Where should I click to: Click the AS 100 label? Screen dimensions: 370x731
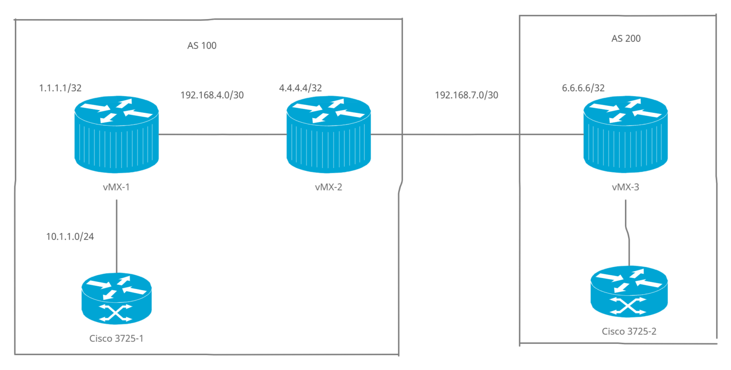pyautogui.click(x=202, y=46)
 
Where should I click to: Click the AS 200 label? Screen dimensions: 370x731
pyautogui.click(x=626, y=39)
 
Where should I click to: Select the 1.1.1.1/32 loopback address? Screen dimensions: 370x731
pyautogui.click(x=59, y=88)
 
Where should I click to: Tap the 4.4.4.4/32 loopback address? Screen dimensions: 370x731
pyautogui.click(x=300, y=88)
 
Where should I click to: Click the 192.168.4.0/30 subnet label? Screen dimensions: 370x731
pyautogui.click(x=212, y=95)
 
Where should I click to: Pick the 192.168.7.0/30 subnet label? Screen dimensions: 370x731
pyautogui.click(x=466, y=95)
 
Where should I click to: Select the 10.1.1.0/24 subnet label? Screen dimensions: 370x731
pyautogui.click(x=69, y=237)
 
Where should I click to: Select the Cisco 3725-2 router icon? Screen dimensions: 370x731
pyautogui.click(x=629, y=291)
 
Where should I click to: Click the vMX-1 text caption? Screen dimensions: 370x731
pyautogui.click(x=117, y=187)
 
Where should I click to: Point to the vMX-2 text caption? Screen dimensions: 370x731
pyautogui.click(x=328, y=187)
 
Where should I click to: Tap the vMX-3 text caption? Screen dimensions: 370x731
pyautogui.click(x=625, y=187)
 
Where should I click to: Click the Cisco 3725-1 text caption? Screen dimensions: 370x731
pyautogui.click(x=116, y=339)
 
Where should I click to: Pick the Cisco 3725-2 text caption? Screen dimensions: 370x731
pyautogui.click(x=629, y=331)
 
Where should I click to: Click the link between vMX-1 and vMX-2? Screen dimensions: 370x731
pyautogui.click(x=222, y=135)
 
